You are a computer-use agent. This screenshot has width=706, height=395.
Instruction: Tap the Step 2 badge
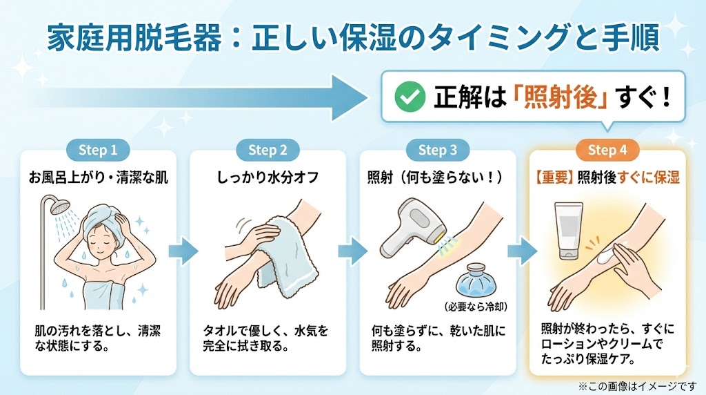(268, 151)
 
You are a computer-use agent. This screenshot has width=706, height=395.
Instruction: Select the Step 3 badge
(437, 151)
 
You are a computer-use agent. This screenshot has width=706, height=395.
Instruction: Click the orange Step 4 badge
(607, 151)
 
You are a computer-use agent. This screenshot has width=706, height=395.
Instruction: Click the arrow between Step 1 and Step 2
(181, 249)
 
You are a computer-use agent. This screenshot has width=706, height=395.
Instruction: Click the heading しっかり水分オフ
(268, 177)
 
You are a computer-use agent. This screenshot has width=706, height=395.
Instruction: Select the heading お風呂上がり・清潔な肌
(97, 177)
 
